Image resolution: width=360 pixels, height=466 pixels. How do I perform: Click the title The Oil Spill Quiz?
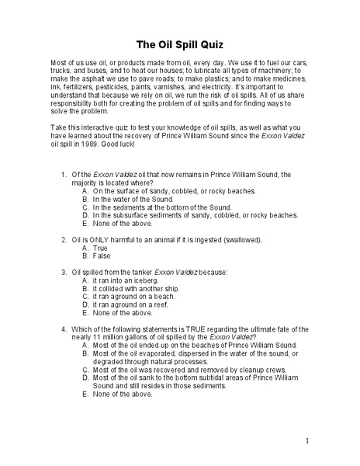(180, 44)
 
